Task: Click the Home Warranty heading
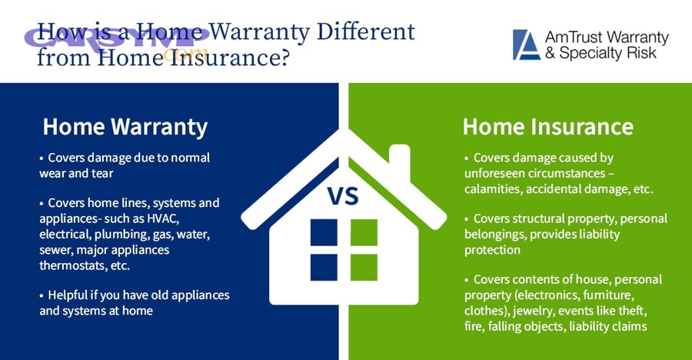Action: pyautogui.click(x=125, y=126)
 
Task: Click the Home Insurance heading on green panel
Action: pyautogui.click(x=547, y=126)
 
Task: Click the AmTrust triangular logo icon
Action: pyautogui.click(x=527, y=45)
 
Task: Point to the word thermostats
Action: pyautogui.click(x=73, y=265)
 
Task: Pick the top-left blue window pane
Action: pyautogui.click(x=324, y=232)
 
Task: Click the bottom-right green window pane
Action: pyautogui.click(x=364, y=266)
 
